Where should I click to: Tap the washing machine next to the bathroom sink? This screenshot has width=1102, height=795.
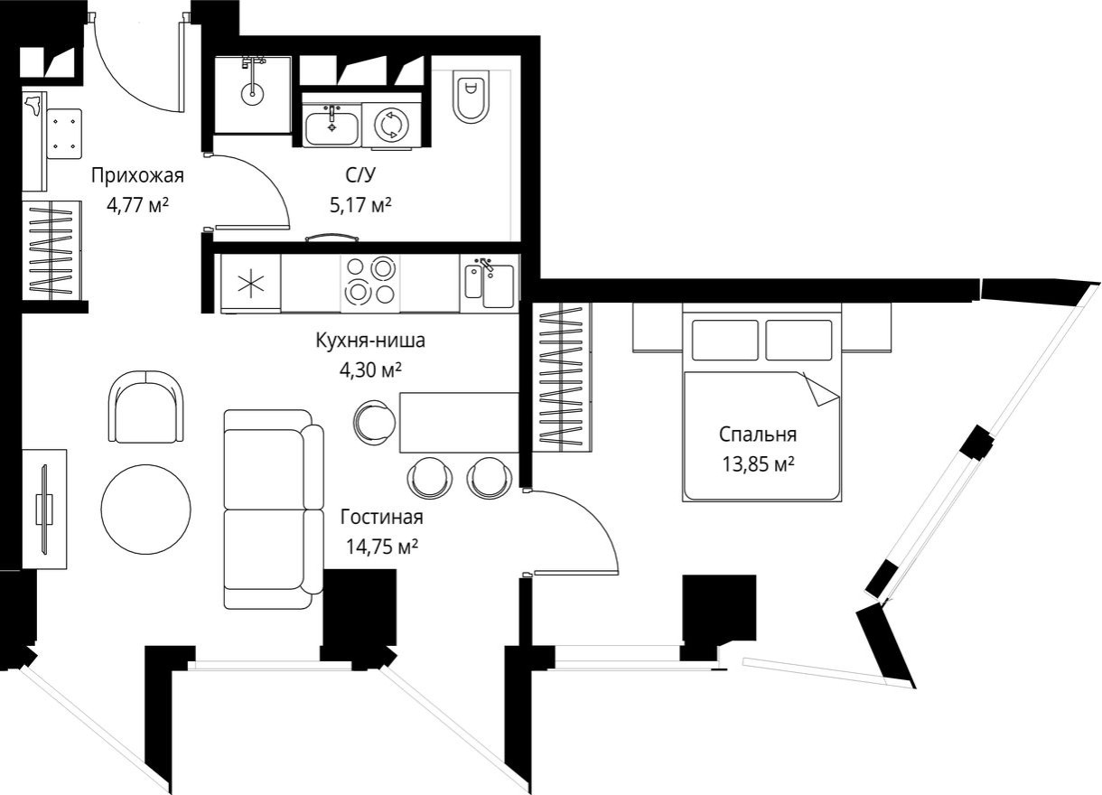point(391,125)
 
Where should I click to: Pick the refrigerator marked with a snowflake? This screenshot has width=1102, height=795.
point(251,283)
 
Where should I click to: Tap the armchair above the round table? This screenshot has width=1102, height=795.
point(146,407)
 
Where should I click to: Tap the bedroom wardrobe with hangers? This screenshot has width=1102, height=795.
point(565,376)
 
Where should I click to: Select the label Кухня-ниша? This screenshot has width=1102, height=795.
point(369,341)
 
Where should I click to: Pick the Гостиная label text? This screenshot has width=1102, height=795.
point(381,518)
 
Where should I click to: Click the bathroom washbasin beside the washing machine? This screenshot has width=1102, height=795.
point(331,125)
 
